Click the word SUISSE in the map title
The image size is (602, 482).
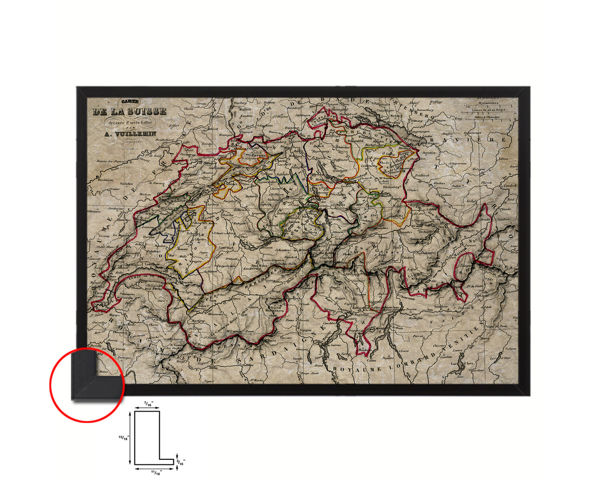[147, 112]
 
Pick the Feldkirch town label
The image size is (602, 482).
[422, 176]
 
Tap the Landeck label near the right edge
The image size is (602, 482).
[510, 186]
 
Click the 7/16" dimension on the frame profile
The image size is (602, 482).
[148, 404]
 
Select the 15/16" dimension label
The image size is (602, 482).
[123, 437]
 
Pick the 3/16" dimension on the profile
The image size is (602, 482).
[181, 462]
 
